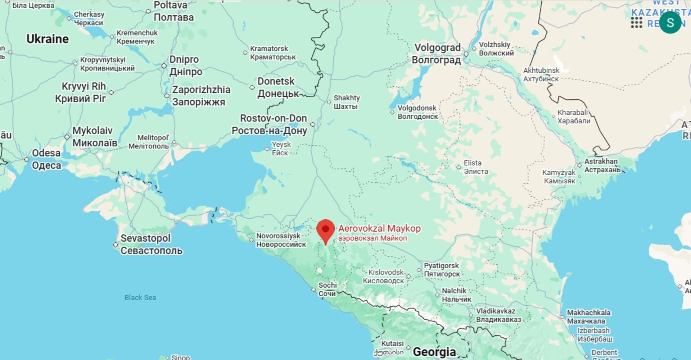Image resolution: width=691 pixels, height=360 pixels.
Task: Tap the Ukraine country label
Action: click(48, 39)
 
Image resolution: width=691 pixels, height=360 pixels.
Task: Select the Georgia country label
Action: click(434, 352)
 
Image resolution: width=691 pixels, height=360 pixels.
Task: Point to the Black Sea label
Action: click(140, 297)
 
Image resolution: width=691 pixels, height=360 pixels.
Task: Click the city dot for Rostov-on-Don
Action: click(313, 124)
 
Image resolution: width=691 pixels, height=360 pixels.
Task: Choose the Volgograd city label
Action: click(437, 54)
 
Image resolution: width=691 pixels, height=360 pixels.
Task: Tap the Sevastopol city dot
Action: click(116, 245)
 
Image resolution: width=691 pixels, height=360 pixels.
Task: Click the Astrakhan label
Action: click(602, 165)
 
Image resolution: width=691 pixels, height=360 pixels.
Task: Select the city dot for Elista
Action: click(459, 167)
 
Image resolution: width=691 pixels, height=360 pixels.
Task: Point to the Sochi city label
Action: click(327, 289)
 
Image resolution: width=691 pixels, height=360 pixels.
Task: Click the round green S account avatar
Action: click(670, 22)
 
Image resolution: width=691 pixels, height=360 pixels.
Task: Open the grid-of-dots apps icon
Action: click(636, 23)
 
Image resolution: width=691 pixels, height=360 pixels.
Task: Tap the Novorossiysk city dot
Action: click(251, 240)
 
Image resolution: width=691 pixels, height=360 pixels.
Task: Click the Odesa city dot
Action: click(27, 159)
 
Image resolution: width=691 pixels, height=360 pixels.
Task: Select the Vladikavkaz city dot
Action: click(471, 315)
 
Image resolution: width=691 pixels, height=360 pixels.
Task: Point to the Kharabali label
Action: click(574, 117)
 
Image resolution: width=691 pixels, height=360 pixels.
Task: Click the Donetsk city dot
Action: click(252, 87)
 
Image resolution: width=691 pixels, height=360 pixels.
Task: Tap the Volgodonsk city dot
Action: click(392, 112)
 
